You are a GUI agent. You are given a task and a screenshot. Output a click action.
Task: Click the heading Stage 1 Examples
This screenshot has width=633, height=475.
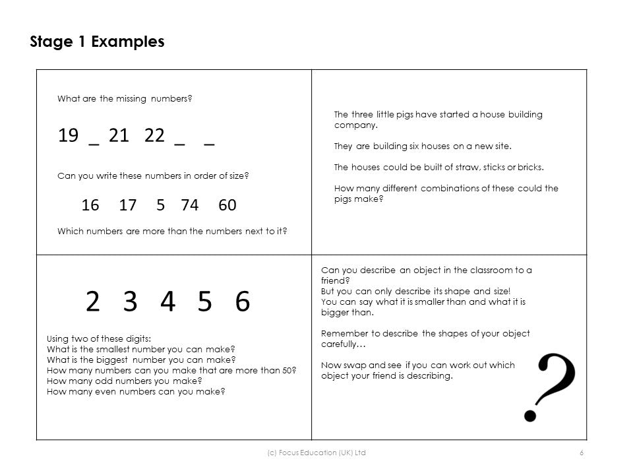(x=97, y=42)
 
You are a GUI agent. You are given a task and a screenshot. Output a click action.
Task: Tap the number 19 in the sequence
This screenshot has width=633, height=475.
(x=68, y=136)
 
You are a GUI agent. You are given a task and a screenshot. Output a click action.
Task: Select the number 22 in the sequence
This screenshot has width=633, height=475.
(x=154, y=136)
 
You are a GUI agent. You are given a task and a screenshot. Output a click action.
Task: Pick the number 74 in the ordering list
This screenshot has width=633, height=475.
(x=189, y=205)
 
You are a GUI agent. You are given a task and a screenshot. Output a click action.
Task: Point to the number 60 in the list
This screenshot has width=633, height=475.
(x=227, y=205)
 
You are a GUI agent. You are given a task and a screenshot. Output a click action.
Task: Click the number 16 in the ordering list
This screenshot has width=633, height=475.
(x=90, y=205)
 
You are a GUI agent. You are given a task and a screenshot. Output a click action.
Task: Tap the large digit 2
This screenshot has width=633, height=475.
(x=92, y=301)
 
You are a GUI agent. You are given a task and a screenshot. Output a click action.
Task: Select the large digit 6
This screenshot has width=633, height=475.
(x=243, y=301)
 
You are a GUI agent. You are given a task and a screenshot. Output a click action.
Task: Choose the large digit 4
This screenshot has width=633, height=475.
(x=167, y=301)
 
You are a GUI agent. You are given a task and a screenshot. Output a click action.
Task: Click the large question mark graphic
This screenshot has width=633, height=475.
(x=549, y=386)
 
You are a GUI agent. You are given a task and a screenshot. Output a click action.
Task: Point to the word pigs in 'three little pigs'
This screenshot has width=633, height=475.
(x=410, y=114)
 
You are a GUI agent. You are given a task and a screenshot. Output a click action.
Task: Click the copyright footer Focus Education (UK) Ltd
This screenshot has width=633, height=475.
(x=316, y=453)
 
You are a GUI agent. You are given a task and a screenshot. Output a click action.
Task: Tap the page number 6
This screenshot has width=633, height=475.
(x=582, y=453)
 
